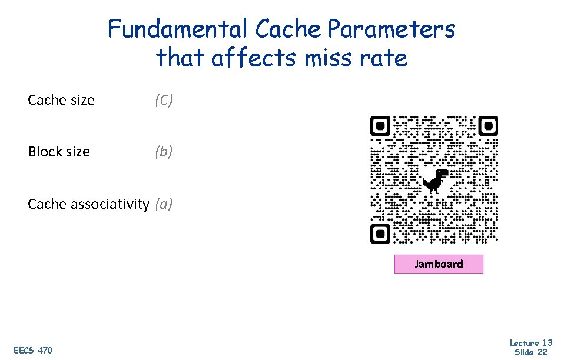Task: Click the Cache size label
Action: pyautogui.click(x=61, y=100)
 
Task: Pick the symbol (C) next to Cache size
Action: pyautogui.click(x=164, y=100)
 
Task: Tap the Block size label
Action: pyautogui.click(x=59, y=152)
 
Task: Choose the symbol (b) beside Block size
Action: pyautogui.click(x=164, y=152)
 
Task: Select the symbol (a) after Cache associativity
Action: pyautogui.click(x=164, y=204)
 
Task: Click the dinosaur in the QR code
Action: pyautogui.click(x=436, y=180)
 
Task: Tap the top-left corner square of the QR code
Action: pyautogui.click(x=380, y=126)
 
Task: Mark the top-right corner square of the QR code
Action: pyautogui.click(x=488, y=126)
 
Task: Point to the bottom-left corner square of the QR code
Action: pyautogui.click(x=380, y=234)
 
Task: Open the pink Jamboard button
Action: pyautogui.click(x=439, y=264)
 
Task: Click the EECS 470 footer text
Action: pyautogui.click(x=33, y=351)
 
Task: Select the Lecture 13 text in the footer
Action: pyautogui.click(x=531, y=343)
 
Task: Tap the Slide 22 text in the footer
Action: pyautogui.click(x=531, y=352)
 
